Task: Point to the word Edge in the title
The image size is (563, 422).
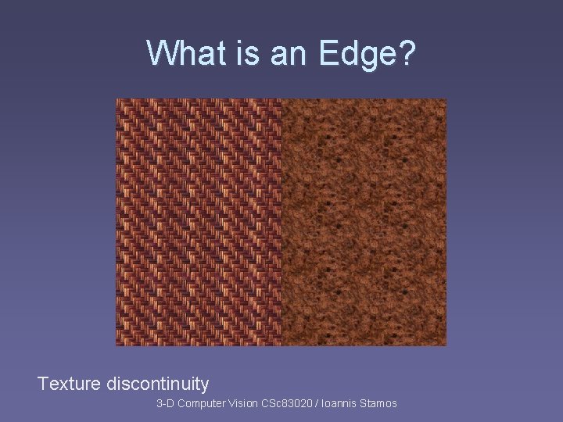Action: click(x=357, y=54)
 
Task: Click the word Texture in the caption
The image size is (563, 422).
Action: click(x=69, y=384)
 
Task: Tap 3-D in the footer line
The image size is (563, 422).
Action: click(x=166, y=403)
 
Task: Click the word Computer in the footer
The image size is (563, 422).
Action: click(x=201, y=403)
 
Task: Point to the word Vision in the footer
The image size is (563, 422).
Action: click(x=244, y=403)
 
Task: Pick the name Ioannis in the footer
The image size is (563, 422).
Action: click(x=341, y=403)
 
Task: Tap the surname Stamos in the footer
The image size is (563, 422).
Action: click(x=379, y=403)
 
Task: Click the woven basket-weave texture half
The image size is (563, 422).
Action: click(x=199, y=222)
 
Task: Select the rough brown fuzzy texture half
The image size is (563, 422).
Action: click(x=364, y=222)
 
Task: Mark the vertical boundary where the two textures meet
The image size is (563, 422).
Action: click(x=281, y=222)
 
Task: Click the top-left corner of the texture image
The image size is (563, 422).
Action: click(x=117, y=100)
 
